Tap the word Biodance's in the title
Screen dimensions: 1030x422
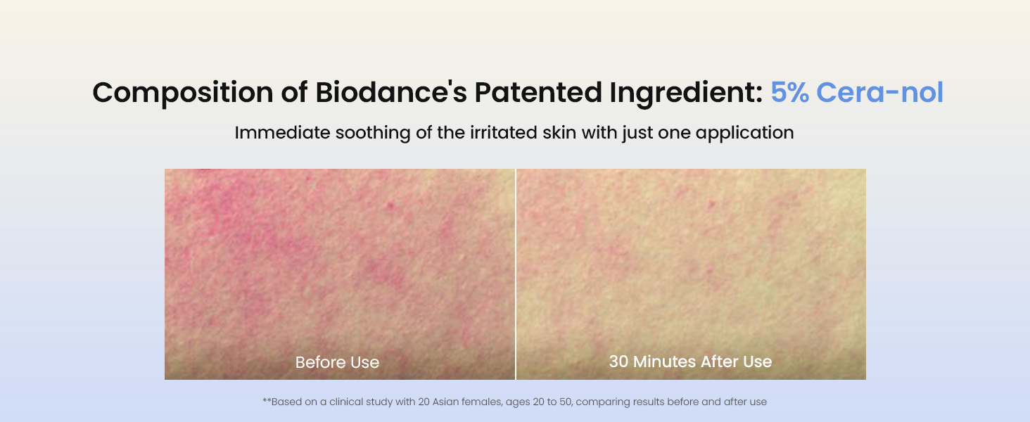click(x=391, y=92)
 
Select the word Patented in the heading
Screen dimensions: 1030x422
click(x=538, y=92)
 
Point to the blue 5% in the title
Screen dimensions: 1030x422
click(x=789, y=92)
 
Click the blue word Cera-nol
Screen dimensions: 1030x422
click(x=879, y=92)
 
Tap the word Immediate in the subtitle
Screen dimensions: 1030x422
click(x=282, y=132)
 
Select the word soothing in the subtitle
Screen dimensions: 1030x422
click(x=373, y=134)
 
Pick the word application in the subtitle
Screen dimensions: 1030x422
click(x=744, y=134)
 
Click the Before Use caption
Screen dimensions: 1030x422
click(x=337, y=362)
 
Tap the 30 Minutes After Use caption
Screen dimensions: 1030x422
click(x=690, y=362)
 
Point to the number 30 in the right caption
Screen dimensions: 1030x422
click(x=618, y=362)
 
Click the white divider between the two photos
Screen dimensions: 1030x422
click(x=516, y=274)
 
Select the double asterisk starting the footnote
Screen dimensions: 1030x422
click(x=267, y=400)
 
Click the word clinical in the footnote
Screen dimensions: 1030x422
click(x=346, y=402)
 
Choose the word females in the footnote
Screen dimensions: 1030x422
click(x=482, y=402)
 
